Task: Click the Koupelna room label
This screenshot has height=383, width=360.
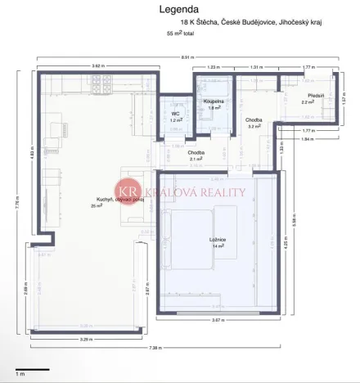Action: click(x=214, y=103)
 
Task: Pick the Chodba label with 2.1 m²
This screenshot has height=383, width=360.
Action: click(x=196, y=155)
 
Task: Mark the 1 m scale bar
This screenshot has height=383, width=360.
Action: click(x=30, y=369)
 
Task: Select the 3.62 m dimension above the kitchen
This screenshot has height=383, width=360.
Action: click(x=97, y=65)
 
